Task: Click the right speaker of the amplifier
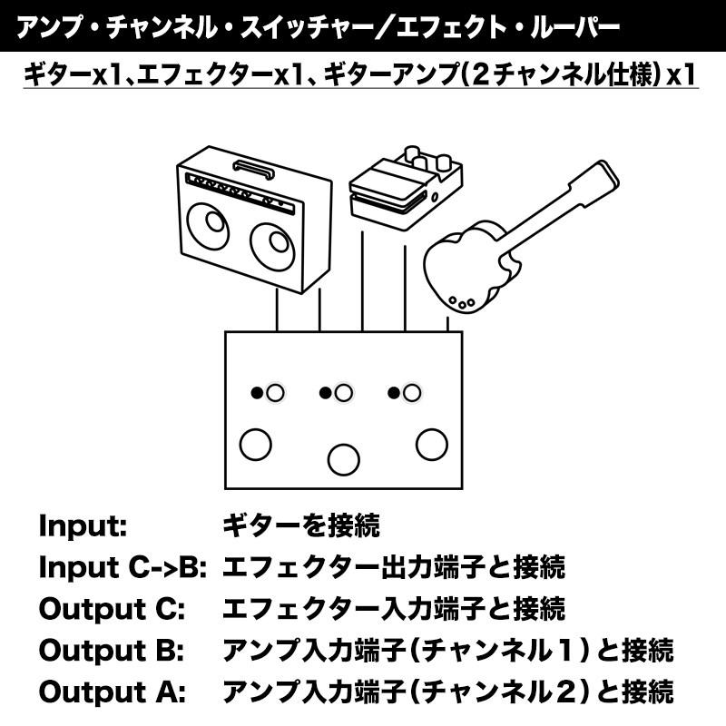[x=270, y=246]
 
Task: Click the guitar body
[x=467, y=263]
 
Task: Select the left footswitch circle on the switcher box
[x=255, y=444]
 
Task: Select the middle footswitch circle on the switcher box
[x=343, y=456]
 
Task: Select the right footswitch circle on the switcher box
[x=432, y=444]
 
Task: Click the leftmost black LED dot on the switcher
[x=258, y=393]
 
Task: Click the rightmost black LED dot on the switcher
[x=394, y=393]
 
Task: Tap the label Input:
[x=83, y=525]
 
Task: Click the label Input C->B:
[x=123, y=567]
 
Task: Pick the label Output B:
[x=112, y=651]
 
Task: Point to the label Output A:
[x=112, y=692]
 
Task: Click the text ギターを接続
[x=300, y=525]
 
